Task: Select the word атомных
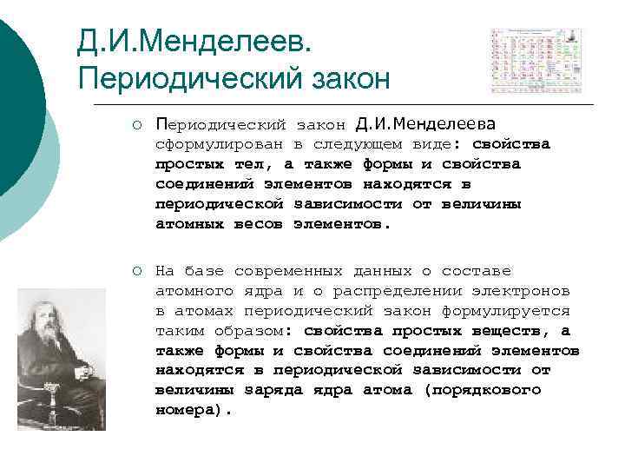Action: coord(190,223)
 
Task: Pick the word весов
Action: coord(259,223)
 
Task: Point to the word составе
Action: coord(477,271)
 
